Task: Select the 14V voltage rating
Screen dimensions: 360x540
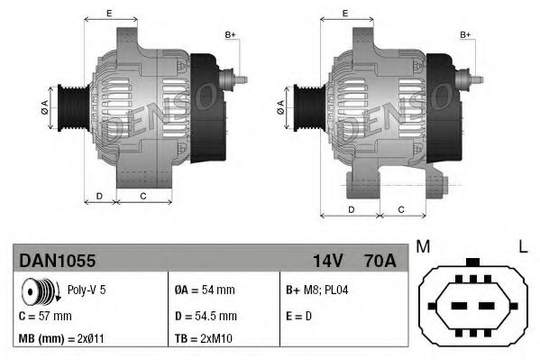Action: point(327,261)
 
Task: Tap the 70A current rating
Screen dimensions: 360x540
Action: point(378,261)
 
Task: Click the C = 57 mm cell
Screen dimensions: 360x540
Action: point(45,316)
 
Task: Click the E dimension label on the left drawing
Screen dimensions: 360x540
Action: point(109,14)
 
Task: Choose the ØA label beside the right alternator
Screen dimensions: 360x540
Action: point(282,105)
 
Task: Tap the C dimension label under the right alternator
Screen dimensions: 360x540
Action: point(400,209)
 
